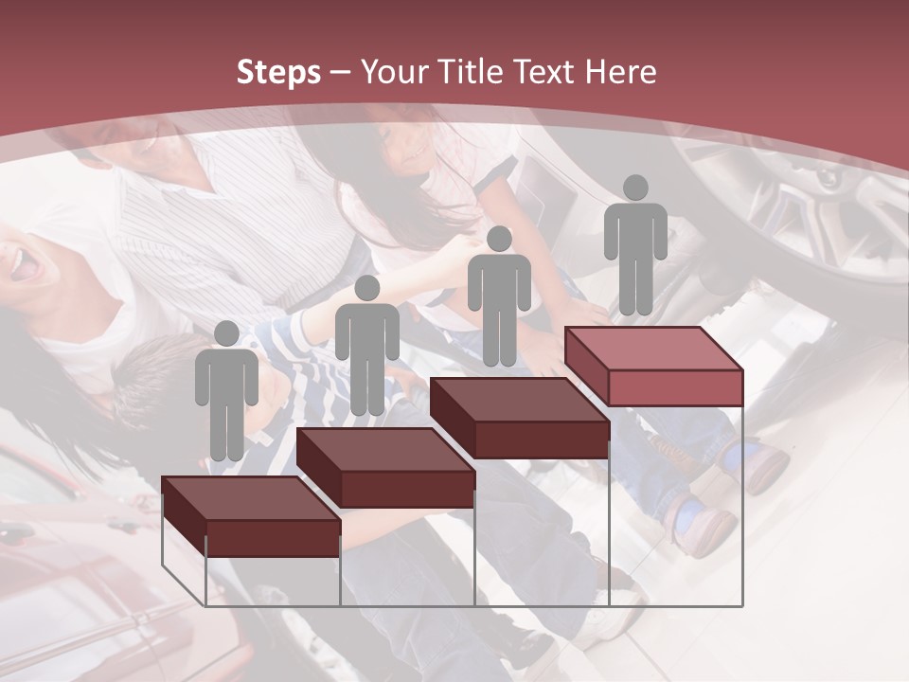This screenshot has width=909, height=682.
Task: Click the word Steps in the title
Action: [278, 73]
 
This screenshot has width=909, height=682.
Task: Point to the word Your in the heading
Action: [398, 72]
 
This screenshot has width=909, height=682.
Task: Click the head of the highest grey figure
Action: [635, 188]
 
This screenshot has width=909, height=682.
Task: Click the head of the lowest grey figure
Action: [226, 333]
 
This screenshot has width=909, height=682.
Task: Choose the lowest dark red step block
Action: [251, 516]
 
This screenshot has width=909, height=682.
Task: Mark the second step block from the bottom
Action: [386, 467]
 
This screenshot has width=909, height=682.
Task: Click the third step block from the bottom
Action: [520, 418]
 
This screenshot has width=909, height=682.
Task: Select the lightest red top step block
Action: [654, 366]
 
